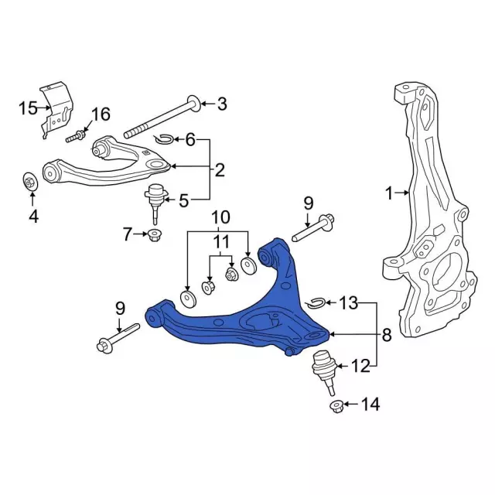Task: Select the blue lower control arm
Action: pyautogui.click(x=255, y=317)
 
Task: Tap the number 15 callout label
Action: pyautogui.click(x=27, y=108)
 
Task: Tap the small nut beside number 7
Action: pyautogui.click(x=154, y=234)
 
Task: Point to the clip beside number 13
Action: pyautogui.click(x=315, y=302)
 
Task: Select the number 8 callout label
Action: pyautogui.click(x=386, y=335)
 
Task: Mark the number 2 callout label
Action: pyautogui.click(x=220, y=170)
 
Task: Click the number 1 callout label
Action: pyautogui.click(x=390, y=193)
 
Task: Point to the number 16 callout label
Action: pyautogui.click(x=101, y=116)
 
